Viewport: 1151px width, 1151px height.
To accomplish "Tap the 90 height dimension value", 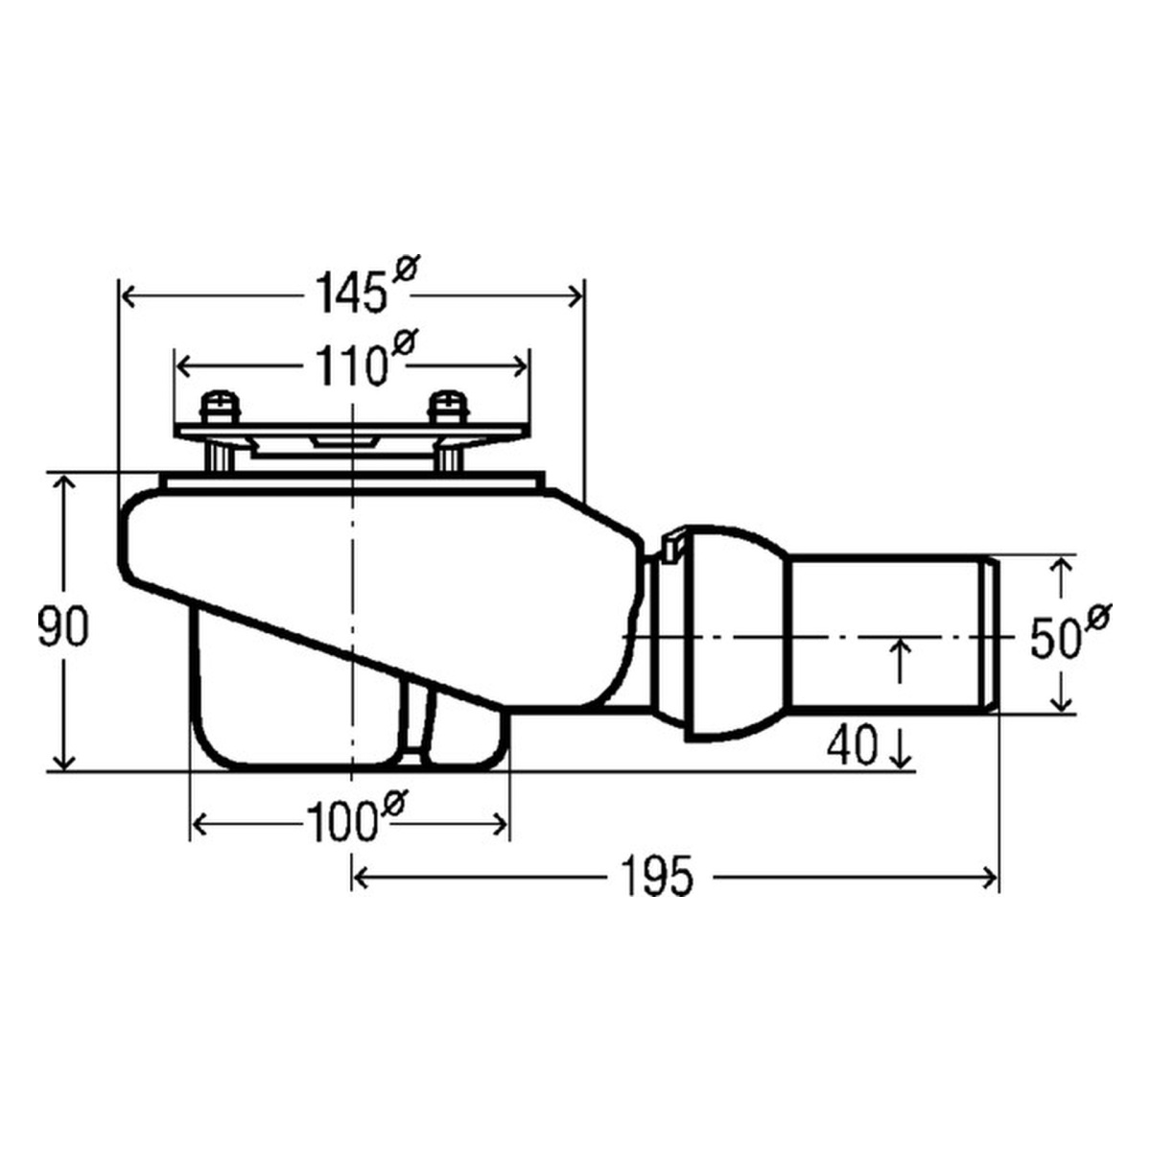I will (x=63, y=627).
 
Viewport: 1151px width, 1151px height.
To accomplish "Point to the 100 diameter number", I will (x=341, y=823).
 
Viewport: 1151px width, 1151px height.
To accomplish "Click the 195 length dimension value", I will (x=656, y=876).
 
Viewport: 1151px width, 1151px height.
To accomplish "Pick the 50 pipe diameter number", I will (x=1055, y=639).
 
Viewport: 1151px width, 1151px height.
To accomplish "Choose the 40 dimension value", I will (x=851, y=745).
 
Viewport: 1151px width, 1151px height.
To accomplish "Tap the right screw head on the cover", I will (x=447, y=406).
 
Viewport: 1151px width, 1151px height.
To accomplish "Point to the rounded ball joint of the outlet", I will (x=734, y=633).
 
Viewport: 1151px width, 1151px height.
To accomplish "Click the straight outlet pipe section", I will (x=887, y=633).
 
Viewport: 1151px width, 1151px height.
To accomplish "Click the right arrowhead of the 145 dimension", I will (x=575, y=295).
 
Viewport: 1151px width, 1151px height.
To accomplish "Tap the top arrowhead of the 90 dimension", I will (x=63, y=484).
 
